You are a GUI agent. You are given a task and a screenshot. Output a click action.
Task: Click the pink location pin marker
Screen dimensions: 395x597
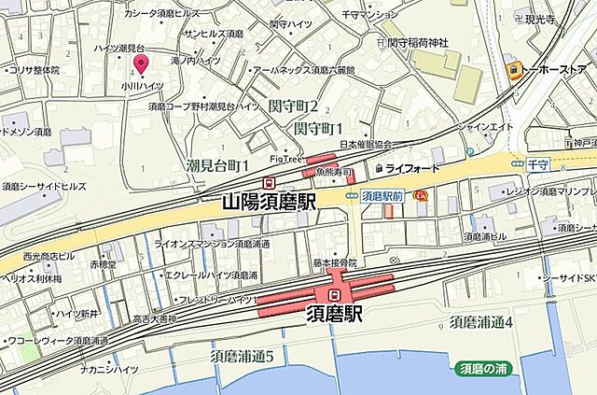click(142, 63)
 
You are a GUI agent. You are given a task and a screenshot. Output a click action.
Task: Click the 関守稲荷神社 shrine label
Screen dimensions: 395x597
click(417, 43)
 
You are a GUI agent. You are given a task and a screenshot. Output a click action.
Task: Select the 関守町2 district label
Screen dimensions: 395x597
click(293, 107)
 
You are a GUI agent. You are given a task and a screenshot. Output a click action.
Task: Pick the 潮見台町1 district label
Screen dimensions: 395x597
click(217, 165)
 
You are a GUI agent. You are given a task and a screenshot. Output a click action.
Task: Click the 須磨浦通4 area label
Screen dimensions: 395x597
click(481, 322)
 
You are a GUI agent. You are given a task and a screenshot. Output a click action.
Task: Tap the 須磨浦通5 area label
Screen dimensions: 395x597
click(242, 356)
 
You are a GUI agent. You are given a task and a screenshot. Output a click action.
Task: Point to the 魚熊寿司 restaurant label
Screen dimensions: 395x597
click(333, 174)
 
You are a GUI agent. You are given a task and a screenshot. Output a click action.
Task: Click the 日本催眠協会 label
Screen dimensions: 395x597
click(365, 145)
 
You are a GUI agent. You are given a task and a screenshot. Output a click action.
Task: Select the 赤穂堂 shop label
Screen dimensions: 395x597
click(104, 264)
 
